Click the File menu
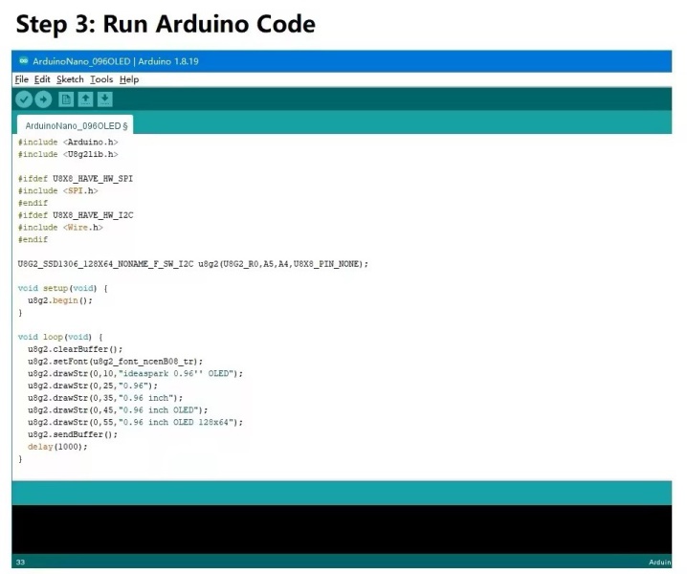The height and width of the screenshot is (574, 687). coord(21,79)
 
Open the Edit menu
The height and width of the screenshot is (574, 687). coord(42,79)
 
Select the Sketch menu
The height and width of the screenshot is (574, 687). coord(70,79)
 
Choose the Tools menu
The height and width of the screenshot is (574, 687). coord(101,79)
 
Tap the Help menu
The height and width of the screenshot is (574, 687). coord(129,79)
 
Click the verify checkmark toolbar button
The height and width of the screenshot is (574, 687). coord(24,99)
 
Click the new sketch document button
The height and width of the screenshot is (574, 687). coord(66,99)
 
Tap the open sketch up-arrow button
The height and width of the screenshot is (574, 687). coord(85,99)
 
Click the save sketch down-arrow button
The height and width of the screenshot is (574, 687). coord(104,99)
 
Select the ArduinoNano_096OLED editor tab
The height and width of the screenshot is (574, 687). coord(76,125)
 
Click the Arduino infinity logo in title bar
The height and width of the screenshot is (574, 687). coord(24,61)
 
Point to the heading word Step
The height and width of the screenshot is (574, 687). coord(41,25)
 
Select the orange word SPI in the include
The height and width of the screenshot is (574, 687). coord(76,191)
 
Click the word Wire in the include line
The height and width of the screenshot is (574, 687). coord(78,228)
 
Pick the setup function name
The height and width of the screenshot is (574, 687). coord(55,288)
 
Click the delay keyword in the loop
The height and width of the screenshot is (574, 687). coord(40,447)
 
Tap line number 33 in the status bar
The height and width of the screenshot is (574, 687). coord(21,563)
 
